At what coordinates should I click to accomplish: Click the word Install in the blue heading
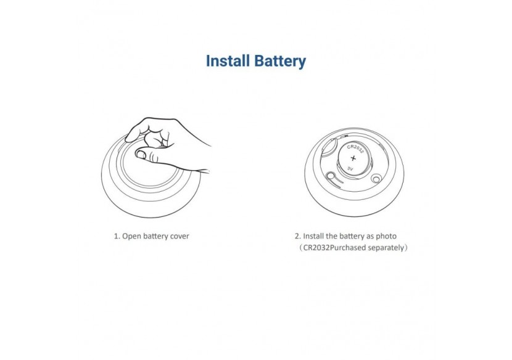(228, 61)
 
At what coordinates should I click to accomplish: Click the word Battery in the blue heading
(280, 62)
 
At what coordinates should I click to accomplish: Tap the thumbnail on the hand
(141, 154)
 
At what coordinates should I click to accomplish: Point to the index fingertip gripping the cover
(131, 137)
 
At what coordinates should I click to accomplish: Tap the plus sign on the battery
(353, 158)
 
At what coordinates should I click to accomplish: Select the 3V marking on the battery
(350, 169)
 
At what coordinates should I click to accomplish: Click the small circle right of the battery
(376, 179)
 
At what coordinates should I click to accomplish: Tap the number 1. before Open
(117, 236)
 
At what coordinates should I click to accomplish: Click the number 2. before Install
(298, 236)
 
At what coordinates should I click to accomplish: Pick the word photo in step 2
(386, 236)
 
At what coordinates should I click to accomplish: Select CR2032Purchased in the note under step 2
(335, 248)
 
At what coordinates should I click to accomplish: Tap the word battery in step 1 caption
(155, 237)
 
